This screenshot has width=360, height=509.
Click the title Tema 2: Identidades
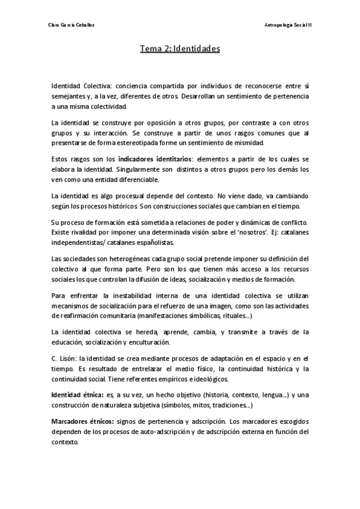click(179, 49)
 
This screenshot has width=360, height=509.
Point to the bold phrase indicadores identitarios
click(154, 159)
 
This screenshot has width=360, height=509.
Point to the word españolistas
click(155, 242)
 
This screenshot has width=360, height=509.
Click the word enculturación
click(171, 342)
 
